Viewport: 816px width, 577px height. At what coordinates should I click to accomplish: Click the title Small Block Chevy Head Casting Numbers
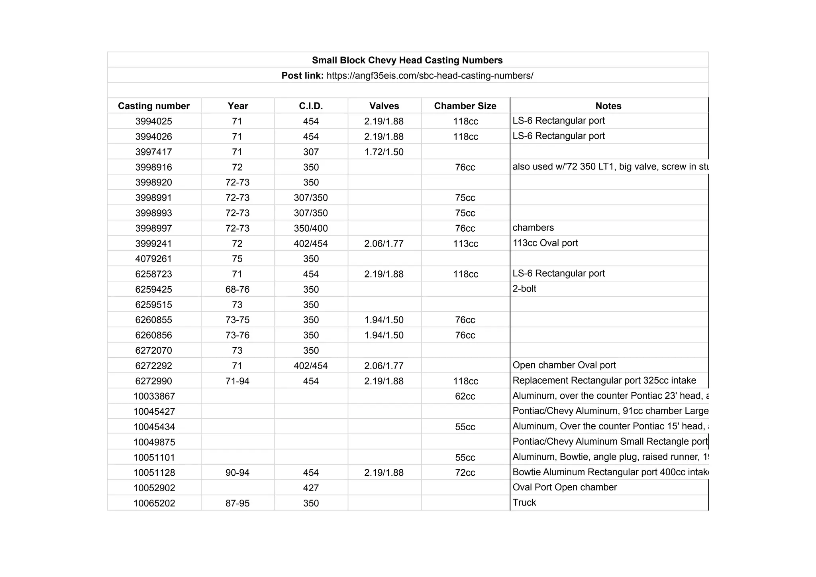407,60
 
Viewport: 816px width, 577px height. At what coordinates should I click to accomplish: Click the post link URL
430,76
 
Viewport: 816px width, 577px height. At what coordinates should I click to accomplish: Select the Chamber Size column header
465,106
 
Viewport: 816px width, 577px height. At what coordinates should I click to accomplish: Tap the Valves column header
384,106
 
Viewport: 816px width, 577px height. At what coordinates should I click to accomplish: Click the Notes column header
608,106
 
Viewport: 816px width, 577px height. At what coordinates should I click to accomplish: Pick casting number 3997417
153,152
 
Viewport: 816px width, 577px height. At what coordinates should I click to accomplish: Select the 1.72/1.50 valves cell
384,152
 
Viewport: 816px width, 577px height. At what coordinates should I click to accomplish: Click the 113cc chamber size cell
465,244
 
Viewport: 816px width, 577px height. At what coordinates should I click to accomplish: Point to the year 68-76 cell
237,289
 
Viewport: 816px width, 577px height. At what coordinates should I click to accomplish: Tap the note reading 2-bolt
524,289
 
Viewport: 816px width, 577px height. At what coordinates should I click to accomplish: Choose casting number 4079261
153,259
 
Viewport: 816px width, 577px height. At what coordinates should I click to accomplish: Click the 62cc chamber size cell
465,396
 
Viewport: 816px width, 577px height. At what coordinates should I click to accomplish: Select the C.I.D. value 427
311,488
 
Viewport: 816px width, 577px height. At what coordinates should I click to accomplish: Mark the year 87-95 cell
237,503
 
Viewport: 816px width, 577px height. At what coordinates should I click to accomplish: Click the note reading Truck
524,502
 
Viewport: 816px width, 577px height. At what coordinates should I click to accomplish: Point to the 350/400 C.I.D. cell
311,228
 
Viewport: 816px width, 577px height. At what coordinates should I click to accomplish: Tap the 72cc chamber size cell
465,473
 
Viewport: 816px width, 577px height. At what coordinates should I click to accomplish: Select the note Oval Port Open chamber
565,487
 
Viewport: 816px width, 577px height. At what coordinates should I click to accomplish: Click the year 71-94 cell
237,381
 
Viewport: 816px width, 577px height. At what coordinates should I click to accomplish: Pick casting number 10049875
154,442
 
